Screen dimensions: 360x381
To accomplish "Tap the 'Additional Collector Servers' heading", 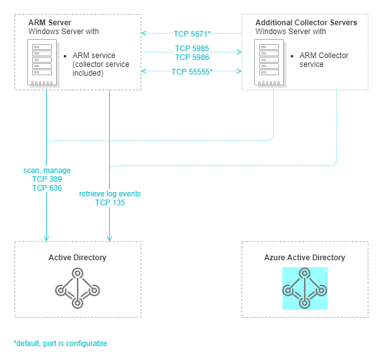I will [306, 22].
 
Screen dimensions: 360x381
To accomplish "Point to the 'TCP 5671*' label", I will [192, 32].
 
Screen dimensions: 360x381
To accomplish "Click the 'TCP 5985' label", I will [192, 48].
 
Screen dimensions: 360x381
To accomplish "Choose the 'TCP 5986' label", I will [192, 57].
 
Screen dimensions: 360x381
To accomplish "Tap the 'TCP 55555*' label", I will [192, 71].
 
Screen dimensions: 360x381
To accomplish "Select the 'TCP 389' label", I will [47, 179].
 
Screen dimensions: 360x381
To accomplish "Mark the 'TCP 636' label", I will [47, 188].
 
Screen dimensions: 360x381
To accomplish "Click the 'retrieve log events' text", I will [110, 193].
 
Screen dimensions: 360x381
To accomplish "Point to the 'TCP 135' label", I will [110, 203].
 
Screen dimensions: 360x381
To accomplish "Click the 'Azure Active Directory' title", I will [305, 258].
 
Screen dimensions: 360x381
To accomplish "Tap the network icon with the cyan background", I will [305, 288].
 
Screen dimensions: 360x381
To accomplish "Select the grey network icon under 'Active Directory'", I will [78, 288].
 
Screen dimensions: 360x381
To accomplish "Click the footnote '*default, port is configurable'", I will [61, 344].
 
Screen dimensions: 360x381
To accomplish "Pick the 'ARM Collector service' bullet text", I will [324, 60].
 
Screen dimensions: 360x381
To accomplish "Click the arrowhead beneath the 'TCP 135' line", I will [110, 238].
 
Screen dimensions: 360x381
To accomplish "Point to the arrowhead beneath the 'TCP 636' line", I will [46, 238].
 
